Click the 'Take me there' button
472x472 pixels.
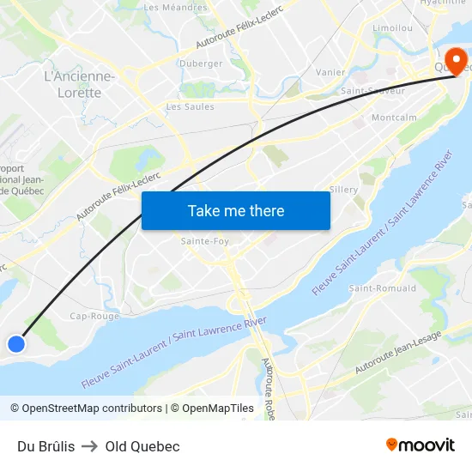tap(236, 210)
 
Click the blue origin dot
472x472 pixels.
tap(16, 344)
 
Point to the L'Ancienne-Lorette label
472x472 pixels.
tap(79, 85)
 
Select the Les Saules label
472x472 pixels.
tap(190, 107)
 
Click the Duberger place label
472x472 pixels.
tap(200, 64)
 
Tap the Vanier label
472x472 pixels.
tap(330, 73)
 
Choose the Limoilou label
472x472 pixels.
tap(392, 28)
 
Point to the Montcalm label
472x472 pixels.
tap(393, 118)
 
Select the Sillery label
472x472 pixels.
tap(343, 190)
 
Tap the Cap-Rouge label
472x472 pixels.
tap(94, 316)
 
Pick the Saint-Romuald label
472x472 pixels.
tap(382, 288)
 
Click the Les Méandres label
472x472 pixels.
tap(175, 8)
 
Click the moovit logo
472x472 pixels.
tap(421, 445)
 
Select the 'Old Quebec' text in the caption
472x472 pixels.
tap(142, 446)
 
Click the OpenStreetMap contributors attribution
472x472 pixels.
tap(92, 408)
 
